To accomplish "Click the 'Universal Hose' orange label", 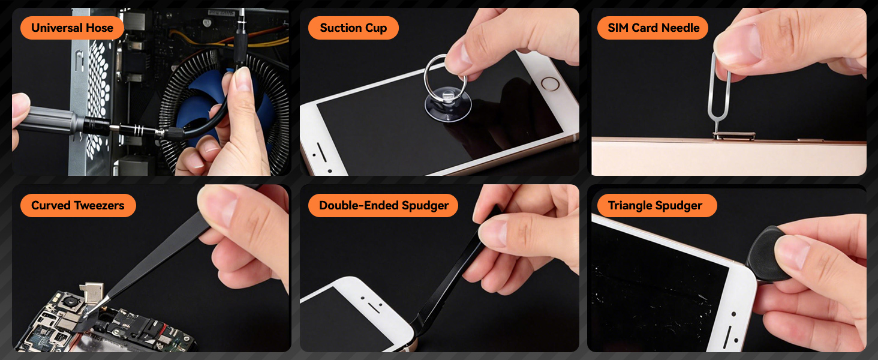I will (72, 28).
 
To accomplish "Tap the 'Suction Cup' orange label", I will (353, 28).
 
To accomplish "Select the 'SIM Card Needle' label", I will (653, 28).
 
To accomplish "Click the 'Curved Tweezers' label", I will (77, 205).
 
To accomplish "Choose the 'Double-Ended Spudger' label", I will (383, 205).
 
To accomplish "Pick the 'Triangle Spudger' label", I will (655, 206).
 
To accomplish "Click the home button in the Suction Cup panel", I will (548, 83).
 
